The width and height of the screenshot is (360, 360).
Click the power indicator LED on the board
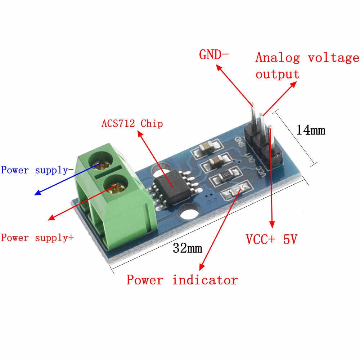click(x=237, y=190)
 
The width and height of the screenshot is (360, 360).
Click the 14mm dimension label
click(x=310, y=130)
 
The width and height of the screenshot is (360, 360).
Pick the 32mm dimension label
click(x=187, y=248)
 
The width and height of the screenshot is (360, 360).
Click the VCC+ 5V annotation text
click(x=271, y=239)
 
